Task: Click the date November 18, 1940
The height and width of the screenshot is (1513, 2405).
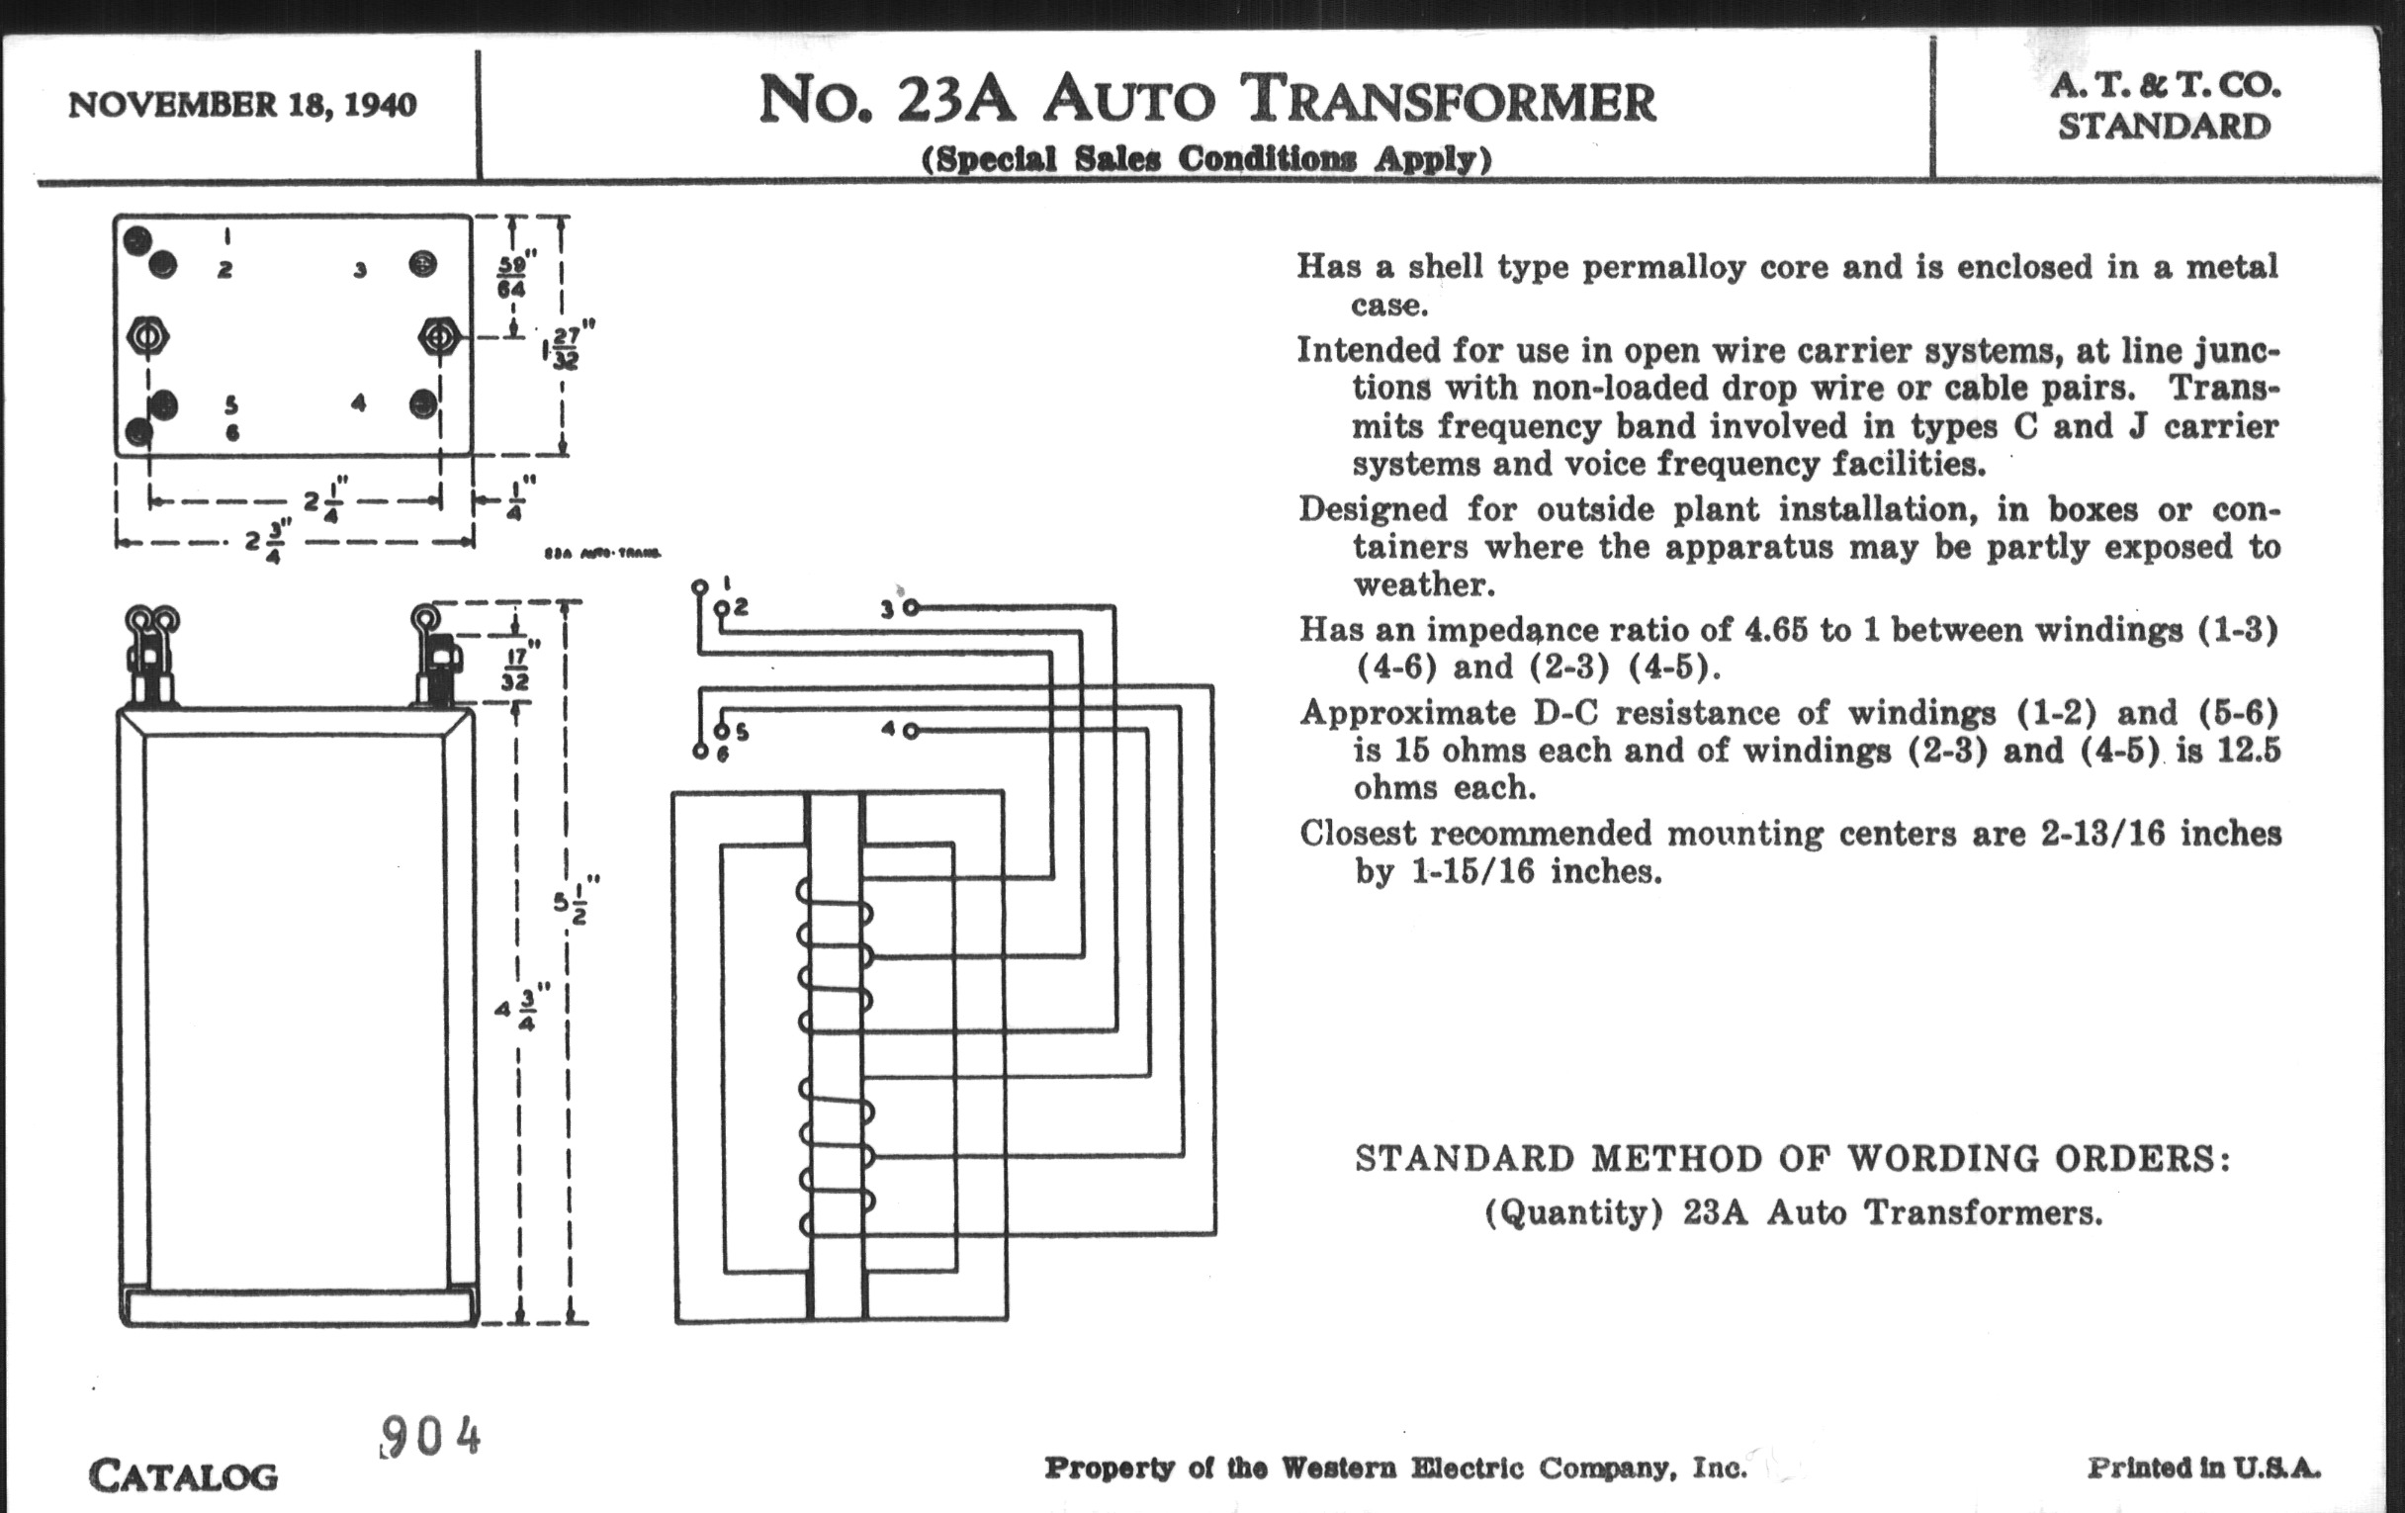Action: (x=241, y=105)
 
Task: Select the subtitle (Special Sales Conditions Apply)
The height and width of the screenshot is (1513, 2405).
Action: (x=1205, y=159)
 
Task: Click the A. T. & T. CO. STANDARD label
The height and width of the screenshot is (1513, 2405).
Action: (x=2166, y=106)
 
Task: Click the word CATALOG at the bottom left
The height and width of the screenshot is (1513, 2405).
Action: (x=183, y=1475)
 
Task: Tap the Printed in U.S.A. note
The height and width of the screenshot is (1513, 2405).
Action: (x=2203, y=1468)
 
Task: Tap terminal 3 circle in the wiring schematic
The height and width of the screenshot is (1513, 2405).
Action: (x=910, y=607)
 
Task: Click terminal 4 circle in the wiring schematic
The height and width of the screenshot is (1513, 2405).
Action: (x=910, y=730)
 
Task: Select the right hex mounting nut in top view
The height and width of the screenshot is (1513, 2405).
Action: (x=438, y=336)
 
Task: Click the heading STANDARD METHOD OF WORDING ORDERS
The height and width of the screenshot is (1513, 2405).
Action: (x=1793, y=1158)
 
